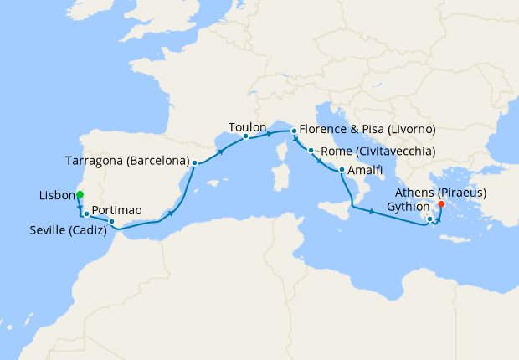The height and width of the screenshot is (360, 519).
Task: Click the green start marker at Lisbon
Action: (80, 195)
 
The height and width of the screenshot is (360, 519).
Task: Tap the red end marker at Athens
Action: (441, 203)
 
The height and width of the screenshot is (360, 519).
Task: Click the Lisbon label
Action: (57, 195)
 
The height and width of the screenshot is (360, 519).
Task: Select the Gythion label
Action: (409, 207)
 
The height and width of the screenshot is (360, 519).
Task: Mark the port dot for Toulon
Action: (245, 136)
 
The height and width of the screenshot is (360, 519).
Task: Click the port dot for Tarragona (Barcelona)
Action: (194, 162)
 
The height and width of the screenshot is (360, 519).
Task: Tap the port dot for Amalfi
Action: (342, 171)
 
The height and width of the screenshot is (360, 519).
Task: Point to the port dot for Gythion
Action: (429, 220)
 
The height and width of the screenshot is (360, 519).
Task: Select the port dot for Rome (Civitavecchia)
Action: (311, 152)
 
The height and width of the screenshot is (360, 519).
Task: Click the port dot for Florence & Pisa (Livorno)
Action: (293, 131)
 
